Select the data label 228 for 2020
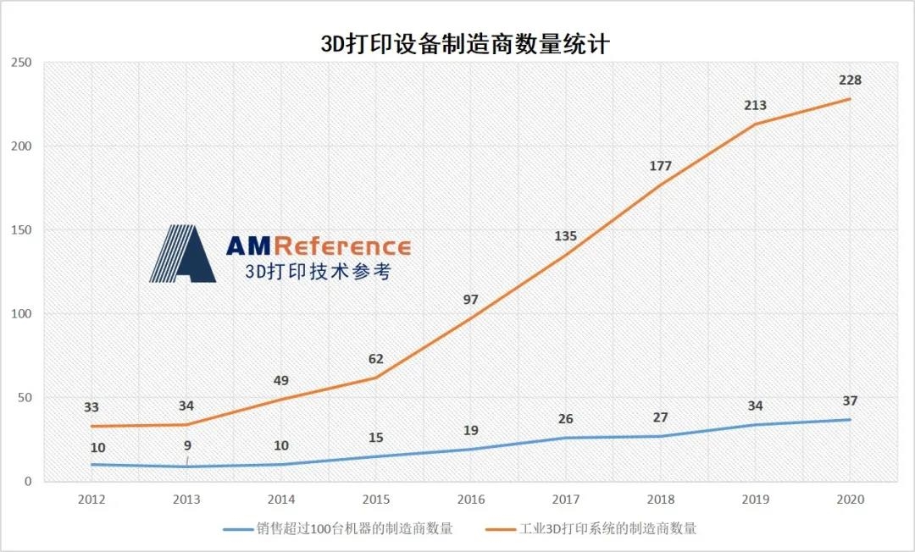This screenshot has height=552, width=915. (x=850, y=80)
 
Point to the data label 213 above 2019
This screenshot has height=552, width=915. (x=755, y=106)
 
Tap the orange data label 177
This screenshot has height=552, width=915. (x=660, y=166)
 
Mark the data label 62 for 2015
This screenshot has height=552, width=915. (x=376, y=359)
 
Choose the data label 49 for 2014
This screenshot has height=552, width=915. (x=281, y=381)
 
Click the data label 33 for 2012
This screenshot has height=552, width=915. (x=91, y=407)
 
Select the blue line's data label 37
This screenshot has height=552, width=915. (x=850, y=400)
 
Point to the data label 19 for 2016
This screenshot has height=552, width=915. (x=471, y=431)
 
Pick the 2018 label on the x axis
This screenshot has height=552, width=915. (x=660, y=500)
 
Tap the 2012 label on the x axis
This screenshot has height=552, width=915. (x=91, y=500)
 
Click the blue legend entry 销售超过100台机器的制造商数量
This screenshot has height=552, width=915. (x=339, y=529)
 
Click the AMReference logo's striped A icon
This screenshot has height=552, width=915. (x=182, y=254)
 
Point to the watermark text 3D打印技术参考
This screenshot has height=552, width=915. (x=318, y=272)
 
